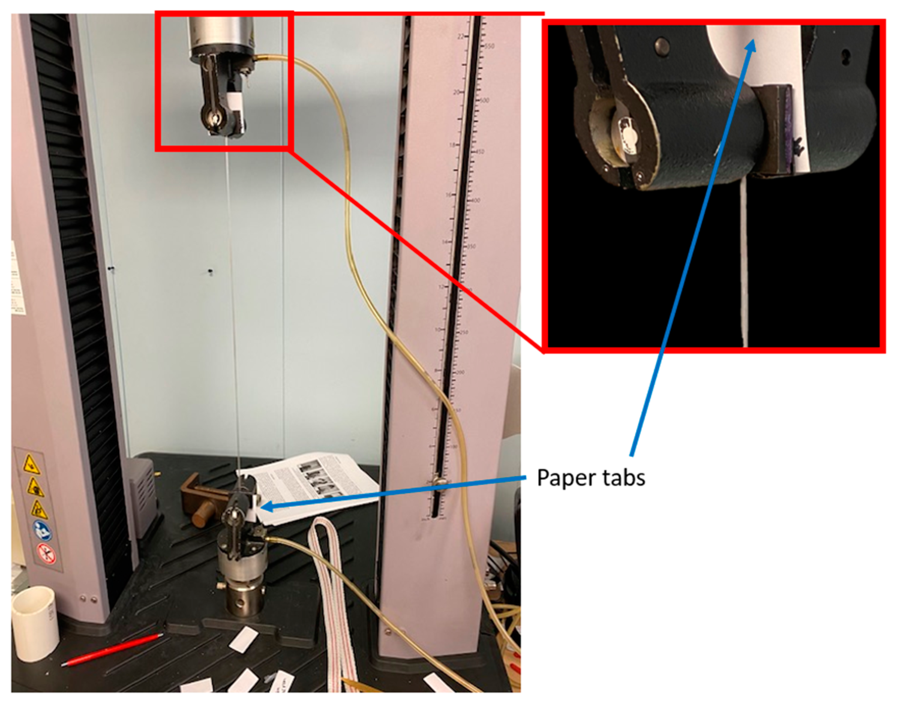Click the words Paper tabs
[x=590, y=478]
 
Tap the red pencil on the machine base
[x=112, y=650]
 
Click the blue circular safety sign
[x=42, y=530]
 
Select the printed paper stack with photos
[x=311, y=486]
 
